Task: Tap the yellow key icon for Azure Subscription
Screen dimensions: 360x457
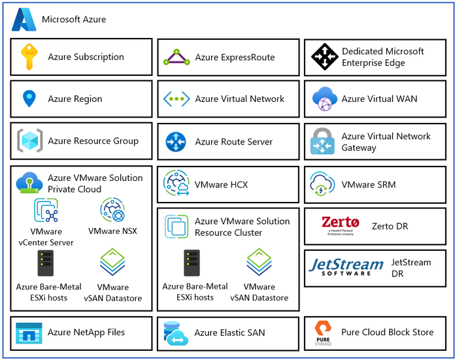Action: click(x=29, y=57)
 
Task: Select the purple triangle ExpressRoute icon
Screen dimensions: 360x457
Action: click(x=177, y=57)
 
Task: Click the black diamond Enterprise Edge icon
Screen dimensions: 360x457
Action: click(x=324, y=57)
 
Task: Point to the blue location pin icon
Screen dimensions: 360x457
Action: click(x=29, y=99)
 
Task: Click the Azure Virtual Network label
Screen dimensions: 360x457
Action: click(x=239, y=99)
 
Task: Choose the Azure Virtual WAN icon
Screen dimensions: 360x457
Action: click(x=324, y=99)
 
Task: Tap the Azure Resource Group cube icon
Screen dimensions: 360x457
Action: click(x=29, y=140)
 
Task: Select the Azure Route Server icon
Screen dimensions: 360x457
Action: click(x=177, y=141)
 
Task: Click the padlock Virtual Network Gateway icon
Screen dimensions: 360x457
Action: click(x=324, y=141)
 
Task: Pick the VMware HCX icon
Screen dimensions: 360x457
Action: click(x=177, y=184)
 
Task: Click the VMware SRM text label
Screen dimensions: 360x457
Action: click(x=368, y=185)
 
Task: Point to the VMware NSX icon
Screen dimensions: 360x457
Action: click(x=112, y=211)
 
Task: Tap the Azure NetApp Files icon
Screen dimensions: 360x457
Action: click(x=29, y=333)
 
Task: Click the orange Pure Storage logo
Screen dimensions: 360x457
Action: click(x=324, y=333)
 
